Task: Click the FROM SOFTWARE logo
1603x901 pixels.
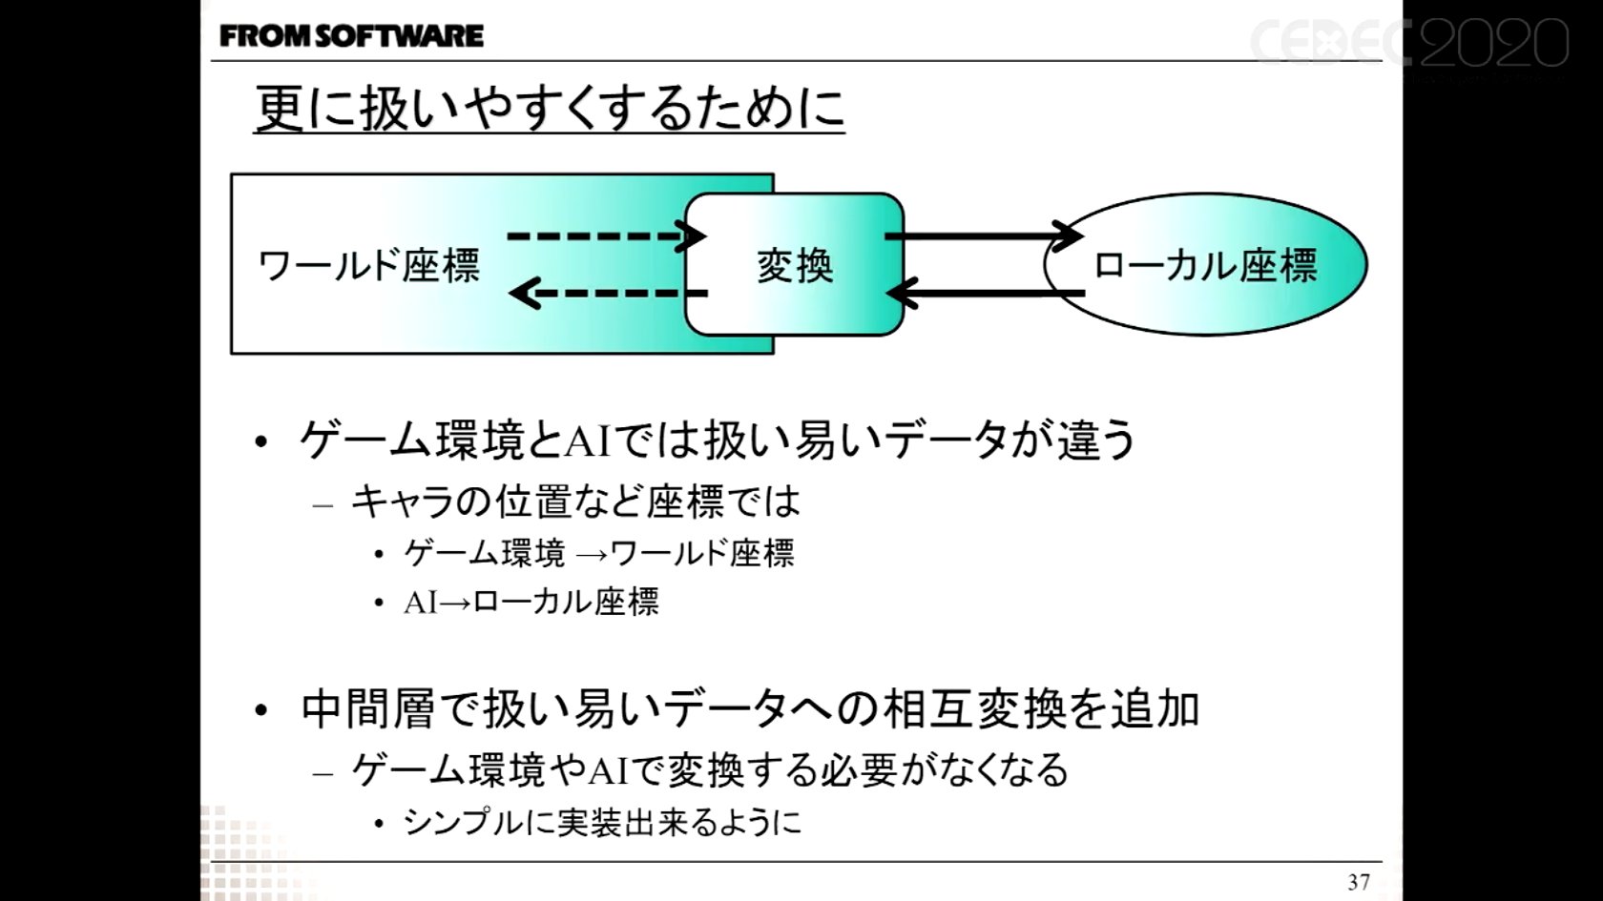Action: pos(351,36)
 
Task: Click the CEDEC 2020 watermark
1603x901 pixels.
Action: pos(1408,44)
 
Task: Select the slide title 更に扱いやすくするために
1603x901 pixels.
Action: pos(549,108)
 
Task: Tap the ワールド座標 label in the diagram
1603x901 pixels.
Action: pos(369,265)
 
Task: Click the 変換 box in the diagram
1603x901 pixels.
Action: pos(794,265)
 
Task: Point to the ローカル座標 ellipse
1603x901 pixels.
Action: pos(1205,265)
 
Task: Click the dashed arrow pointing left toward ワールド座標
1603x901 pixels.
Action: pos(607,293)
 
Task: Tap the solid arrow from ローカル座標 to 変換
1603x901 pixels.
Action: pos(988,293)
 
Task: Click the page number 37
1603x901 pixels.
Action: pos(1359,882)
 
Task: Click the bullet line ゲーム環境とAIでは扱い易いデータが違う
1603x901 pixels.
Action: pos(718,440)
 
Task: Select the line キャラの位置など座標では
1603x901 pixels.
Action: pos(575,502)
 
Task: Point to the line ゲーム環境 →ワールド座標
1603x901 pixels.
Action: pos(598,553)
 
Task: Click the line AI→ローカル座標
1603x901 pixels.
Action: pos(531,603)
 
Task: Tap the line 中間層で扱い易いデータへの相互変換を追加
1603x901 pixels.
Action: pos(750,709)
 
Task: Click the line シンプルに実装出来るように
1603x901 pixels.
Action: pos(602,822)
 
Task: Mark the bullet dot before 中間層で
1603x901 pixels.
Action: pos(261,710)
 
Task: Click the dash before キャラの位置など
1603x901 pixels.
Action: pos(323,504)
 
